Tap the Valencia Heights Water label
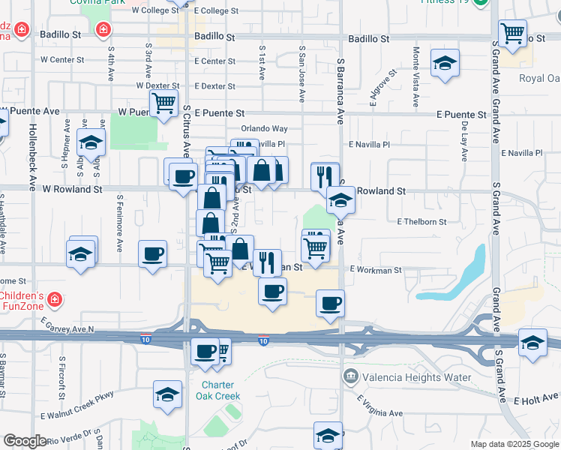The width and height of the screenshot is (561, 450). coord(417,377)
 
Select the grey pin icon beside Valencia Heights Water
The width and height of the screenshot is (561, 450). coord(349,376)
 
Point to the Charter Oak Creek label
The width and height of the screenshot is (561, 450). coord(218,390)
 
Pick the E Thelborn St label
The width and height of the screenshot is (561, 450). coord(421,222)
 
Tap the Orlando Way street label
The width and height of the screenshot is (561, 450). coord(264,129)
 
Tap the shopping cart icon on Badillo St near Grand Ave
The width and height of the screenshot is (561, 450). coord(512,33)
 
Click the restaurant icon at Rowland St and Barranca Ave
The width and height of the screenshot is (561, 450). coord(325,177)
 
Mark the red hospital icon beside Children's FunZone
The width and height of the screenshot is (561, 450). coord(54,300)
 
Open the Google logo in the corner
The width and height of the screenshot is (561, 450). coord(24,441)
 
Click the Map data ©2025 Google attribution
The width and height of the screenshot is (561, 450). coord(514,444)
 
